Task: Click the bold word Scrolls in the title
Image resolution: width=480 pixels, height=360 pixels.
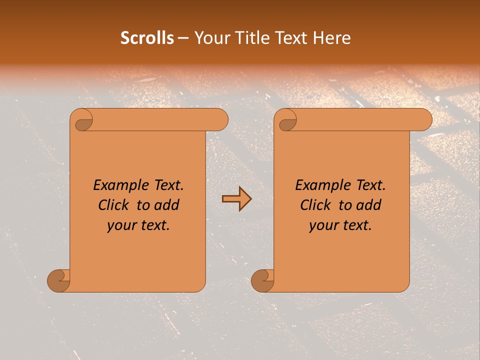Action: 147,38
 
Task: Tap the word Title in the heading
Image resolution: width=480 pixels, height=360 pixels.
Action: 244,38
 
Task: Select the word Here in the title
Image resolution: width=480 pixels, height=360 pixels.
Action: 331,38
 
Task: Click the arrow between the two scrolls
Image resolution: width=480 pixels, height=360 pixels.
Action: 236,199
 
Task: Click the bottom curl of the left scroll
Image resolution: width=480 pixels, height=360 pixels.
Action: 59,280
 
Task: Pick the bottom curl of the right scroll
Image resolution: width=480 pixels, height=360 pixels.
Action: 263,280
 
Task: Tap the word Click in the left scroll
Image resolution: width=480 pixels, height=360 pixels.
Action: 113,205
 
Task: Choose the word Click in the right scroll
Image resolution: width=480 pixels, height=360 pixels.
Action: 315,205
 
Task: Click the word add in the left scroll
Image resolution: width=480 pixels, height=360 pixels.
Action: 167,205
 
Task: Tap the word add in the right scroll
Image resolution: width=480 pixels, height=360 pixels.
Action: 369,205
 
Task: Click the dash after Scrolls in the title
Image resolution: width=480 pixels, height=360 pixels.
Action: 183,38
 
